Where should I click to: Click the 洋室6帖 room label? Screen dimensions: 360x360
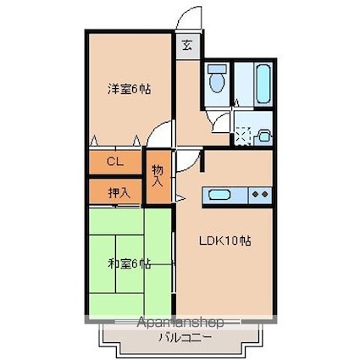click(129, 88)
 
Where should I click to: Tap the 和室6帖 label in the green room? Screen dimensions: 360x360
click(129, 263)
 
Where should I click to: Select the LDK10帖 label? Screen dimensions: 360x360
click(224, 240)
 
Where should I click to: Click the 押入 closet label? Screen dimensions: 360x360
click(119, 192)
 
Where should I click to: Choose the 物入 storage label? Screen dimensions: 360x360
click(158, 176)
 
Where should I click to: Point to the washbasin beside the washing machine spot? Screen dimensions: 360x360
click(263, 133)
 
